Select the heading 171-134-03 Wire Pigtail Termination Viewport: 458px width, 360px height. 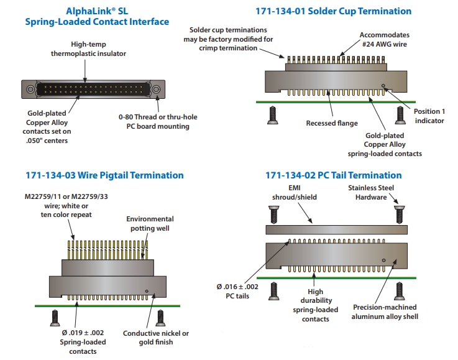tap(104, 175)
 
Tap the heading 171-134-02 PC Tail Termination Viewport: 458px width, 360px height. tap(333, 175)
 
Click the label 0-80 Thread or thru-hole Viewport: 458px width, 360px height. tap(153, 116)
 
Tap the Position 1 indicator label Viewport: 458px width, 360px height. tap(429, 116)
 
